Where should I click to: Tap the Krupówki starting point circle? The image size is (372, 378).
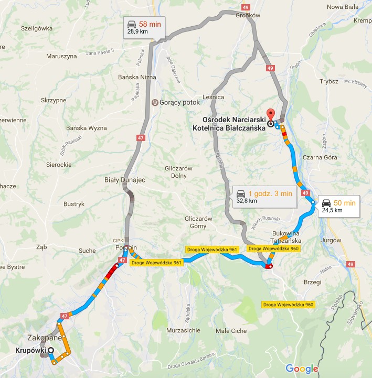[x=51, y=351]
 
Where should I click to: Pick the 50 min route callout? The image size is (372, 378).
[x=338, y=206]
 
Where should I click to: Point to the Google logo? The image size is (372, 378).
[x=302, y=369]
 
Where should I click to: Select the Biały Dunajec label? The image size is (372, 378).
[x=124, y=179]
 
